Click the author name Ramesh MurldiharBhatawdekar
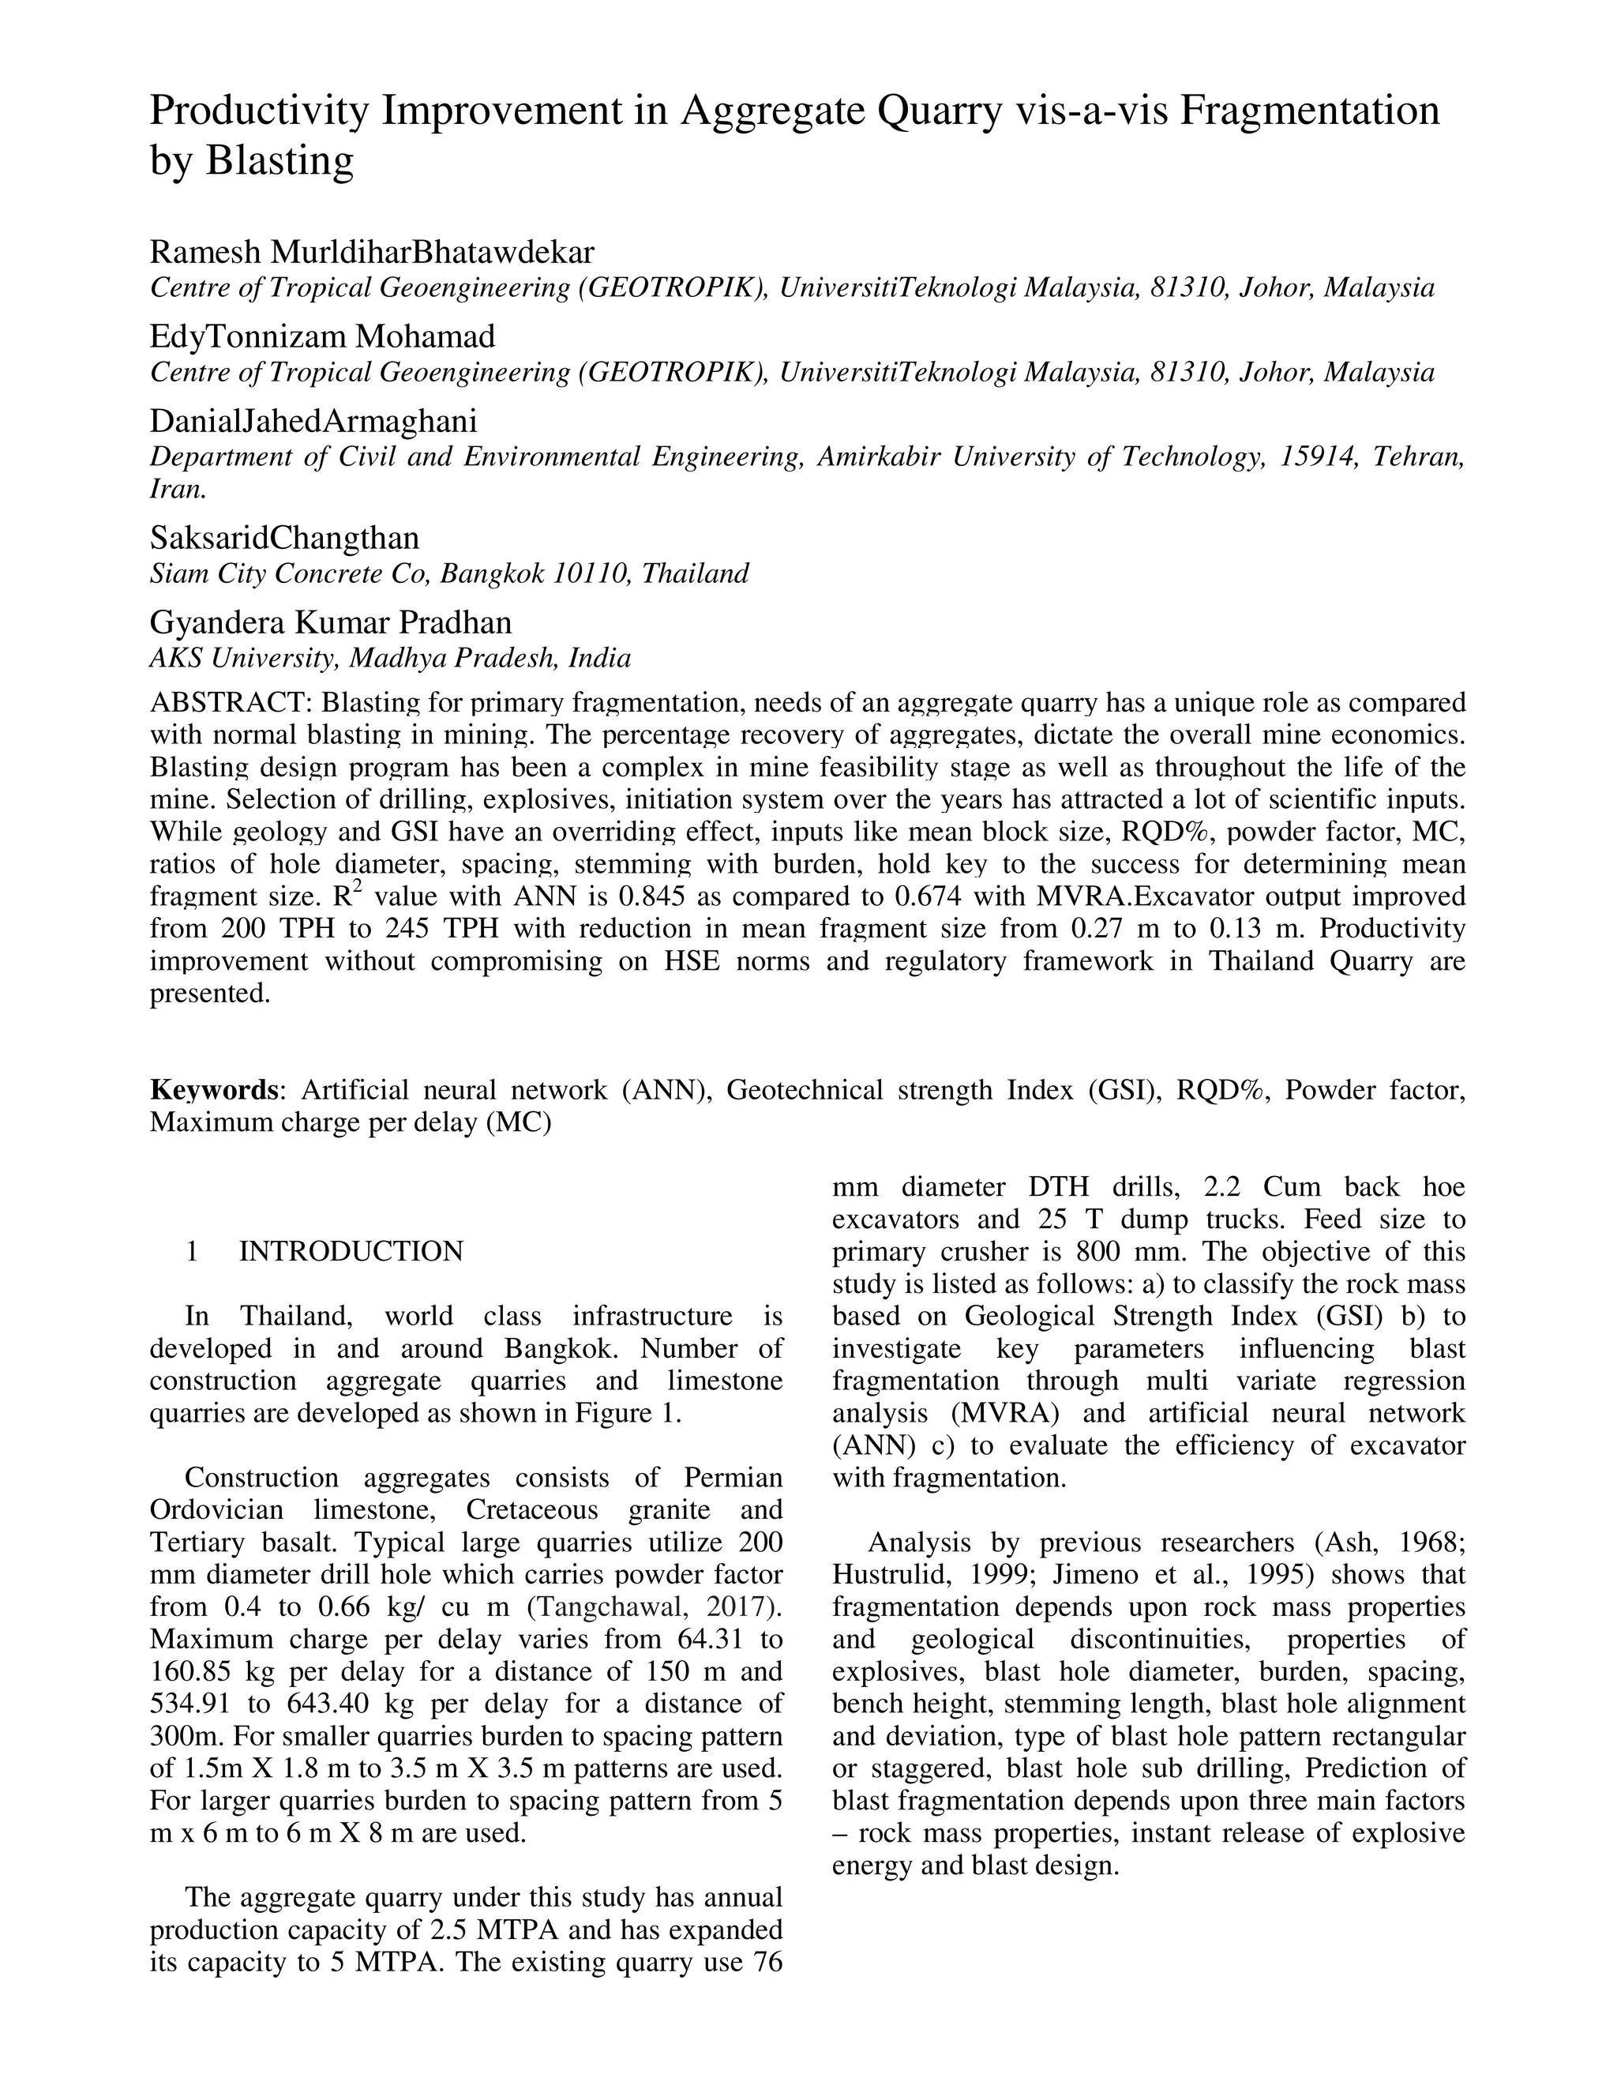pos(372,252)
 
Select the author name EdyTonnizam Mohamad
pos(323,336)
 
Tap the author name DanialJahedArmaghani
pos(313,421)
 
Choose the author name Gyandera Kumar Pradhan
pos(331,623)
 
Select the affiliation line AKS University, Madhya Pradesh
pos(389,659)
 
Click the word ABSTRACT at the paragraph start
pos(231,702)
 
